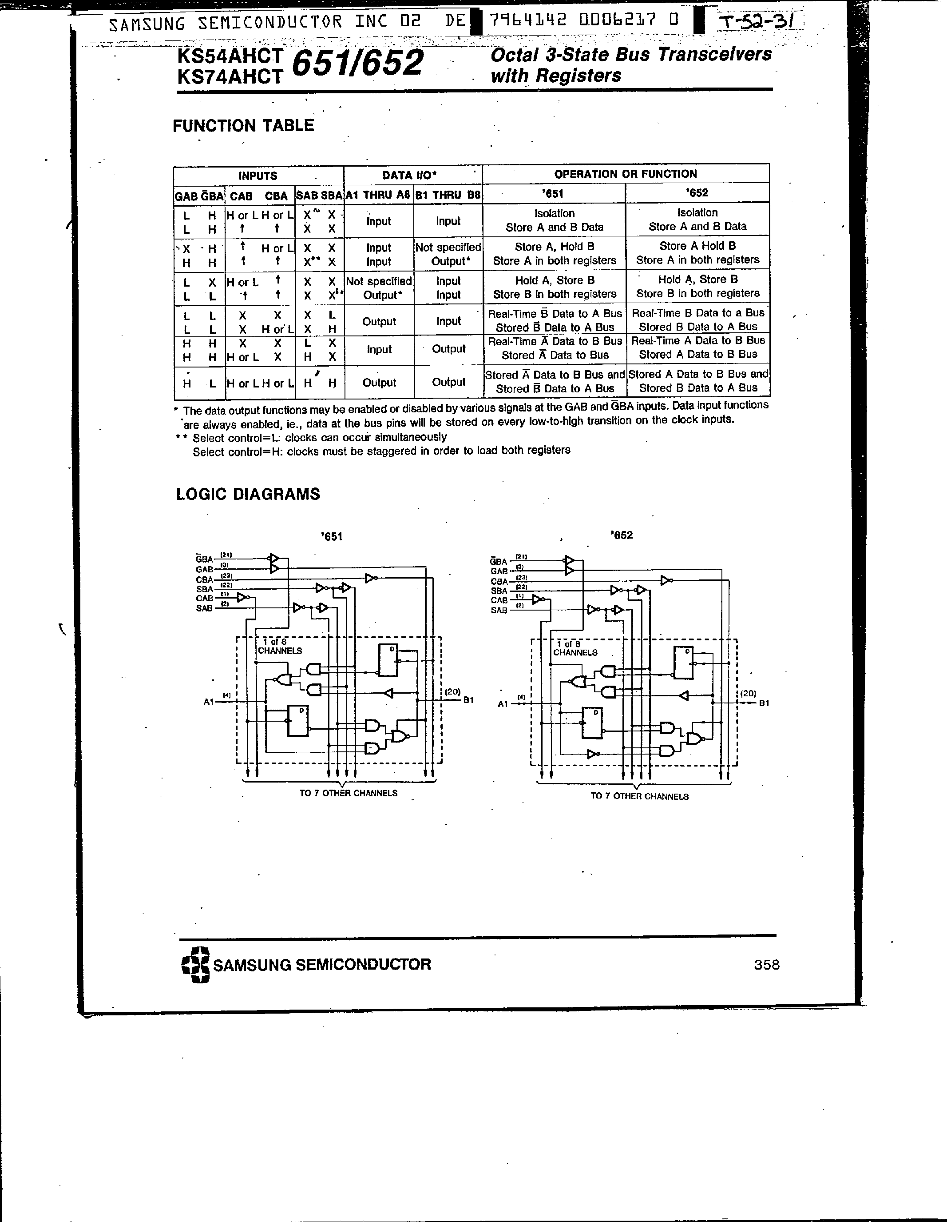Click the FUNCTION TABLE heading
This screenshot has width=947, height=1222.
[243, 126]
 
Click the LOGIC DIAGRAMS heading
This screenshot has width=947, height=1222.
[248, 494]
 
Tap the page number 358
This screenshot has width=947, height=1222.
[766, 965]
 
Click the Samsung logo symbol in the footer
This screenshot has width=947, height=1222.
[195, 965]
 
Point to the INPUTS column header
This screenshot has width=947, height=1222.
[258, 176]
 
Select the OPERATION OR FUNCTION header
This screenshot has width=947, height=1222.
[625, 174]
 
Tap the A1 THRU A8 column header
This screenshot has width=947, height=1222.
[378, 195]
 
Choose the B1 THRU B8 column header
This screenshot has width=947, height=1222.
[448, 195]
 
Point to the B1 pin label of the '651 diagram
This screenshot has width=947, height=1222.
[468, 700]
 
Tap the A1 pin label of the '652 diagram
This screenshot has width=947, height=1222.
[503, 704]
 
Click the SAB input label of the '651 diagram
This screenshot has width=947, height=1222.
[204, 608]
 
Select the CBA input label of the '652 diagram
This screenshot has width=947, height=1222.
[499, 581]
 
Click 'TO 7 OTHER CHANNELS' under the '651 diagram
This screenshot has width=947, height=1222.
[348, 793]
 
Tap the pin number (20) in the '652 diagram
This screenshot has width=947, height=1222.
[748, 694]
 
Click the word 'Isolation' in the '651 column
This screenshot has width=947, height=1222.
[554, 213]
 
